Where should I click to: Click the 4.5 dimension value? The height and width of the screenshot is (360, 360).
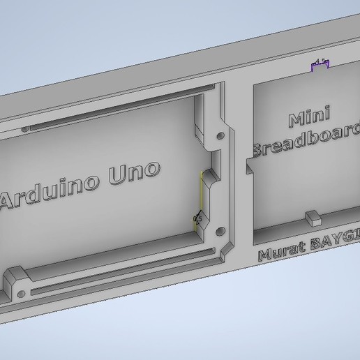point(320,63)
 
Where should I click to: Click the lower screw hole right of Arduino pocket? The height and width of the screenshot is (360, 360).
point(221,230)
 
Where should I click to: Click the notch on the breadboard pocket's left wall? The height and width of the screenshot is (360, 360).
point(249,167)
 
